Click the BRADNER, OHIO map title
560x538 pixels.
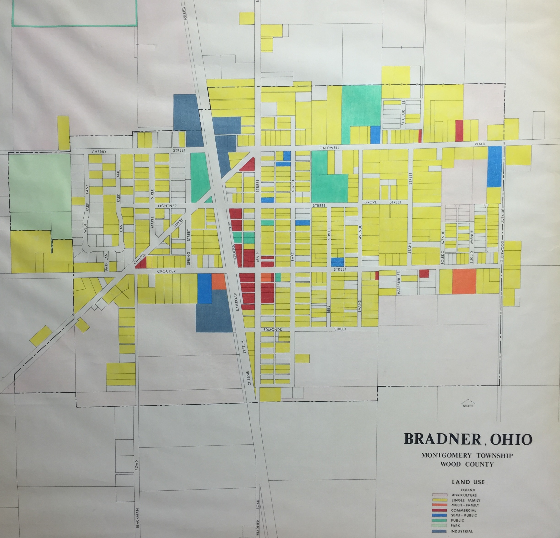point(468,439)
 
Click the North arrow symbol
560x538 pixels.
point(468,403)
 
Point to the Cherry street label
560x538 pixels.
point(99,152)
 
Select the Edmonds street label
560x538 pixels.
point(272,330)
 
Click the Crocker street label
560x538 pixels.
point(166,271)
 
